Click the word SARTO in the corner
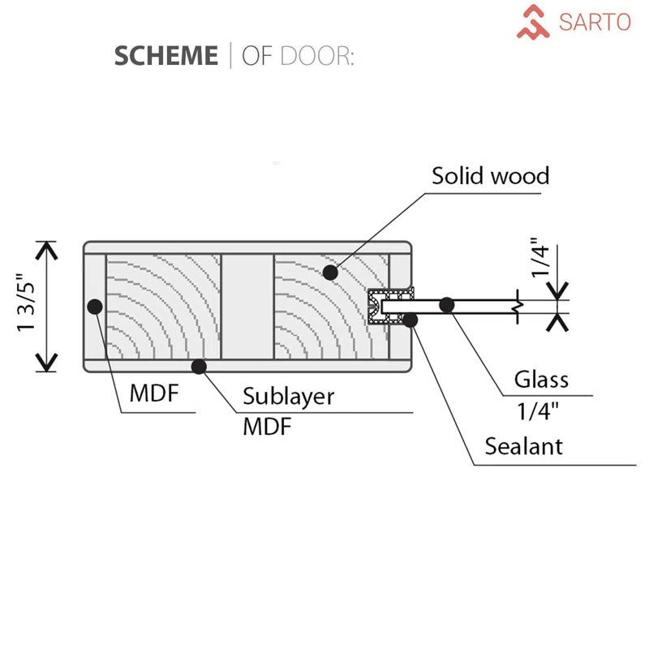tap(594, 22)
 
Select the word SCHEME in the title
tap(165, 56)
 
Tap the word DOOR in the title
tap(316, 56)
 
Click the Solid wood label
tap(490, 175)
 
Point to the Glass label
tap(541, 379)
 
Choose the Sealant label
tap(523, 445)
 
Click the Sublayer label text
tap(289, 397)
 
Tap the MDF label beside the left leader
tap(153, 395)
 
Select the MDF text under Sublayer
tap(267, 426)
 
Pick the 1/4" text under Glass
tap(539, 411)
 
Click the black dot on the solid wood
tap(330, 273)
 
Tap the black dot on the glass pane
tap(445, 305)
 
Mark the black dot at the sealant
tap(410, 320)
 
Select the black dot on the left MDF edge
tap(95, 306)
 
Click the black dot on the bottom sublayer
tap(199, 367)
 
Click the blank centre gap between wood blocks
tap(247, 306)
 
